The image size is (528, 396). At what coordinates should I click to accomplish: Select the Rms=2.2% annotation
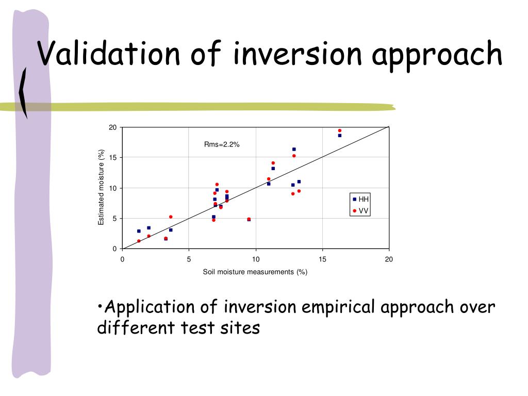(222, 144)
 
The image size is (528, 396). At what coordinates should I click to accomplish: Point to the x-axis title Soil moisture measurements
(255, 272)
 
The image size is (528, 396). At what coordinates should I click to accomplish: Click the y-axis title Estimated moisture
(102, 187)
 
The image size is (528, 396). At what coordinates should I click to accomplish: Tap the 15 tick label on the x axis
(322, 259)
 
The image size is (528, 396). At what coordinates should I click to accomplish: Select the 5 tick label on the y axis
(115, 219)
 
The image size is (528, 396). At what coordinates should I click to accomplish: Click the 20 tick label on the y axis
(113, 127)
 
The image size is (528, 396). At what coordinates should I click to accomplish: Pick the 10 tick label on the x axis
(255, 259)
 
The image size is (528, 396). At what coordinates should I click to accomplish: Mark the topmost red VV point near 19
(340, 130)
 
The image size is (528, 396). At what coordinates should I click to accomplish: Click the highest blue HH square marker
(340, 136)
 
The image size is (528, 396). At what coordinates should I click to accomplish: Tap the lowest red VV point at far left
(139, 241)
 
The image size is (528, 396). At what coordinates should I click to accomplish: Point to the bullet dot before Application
(100, 308)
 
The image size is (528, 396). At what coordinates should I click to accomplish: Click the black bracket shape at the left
(23, 93)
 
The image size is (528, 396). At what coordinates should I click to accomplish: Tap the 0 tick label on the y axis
(115, 249)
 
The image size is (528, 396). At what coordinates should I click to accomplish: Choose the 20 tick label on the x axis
(389, 259)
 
